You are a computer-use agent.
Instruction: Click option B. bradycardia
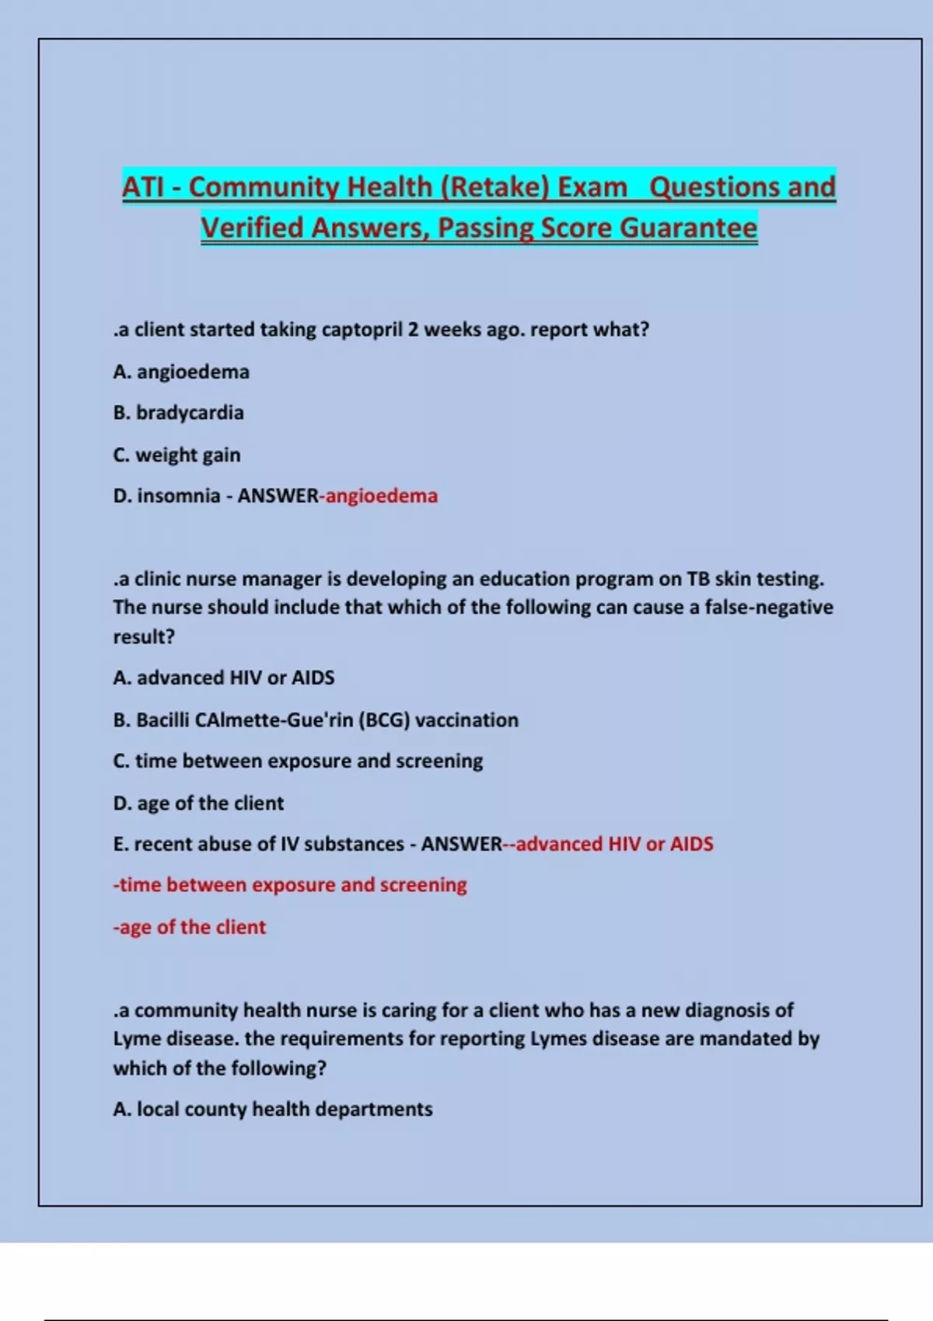click(x=178, y=413)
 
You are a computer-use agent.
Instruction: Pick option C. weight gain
click(x=176, y=455)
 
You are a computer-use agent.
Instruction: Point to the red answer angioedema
click(x=381, y=496)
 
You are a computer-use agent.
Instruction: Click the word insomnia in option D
click(x=178, y=496)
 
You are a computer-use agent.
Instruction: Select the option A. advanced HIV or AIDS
click(x=224, y=678)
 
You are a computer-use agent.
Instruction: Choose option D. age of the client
click(x=198, y=803)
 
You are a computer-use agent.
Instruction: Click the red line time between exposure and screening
click(x=290, y=885)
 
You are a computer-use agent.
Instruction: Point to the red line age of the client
click(x=190, y=927)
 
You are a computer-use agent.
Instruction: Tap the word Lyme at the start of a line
click(x=137, y=1039)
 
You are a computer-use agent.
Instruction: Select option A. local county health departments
click(x=272, y=1109)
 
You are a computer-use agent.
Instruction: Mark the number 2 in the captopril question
click(x=413, y=329)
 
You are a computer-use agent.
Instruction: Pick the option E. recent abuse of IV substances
click(x=258, y=844)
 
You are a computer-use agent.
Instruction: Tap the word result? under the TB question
click(x=144, y=636)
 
